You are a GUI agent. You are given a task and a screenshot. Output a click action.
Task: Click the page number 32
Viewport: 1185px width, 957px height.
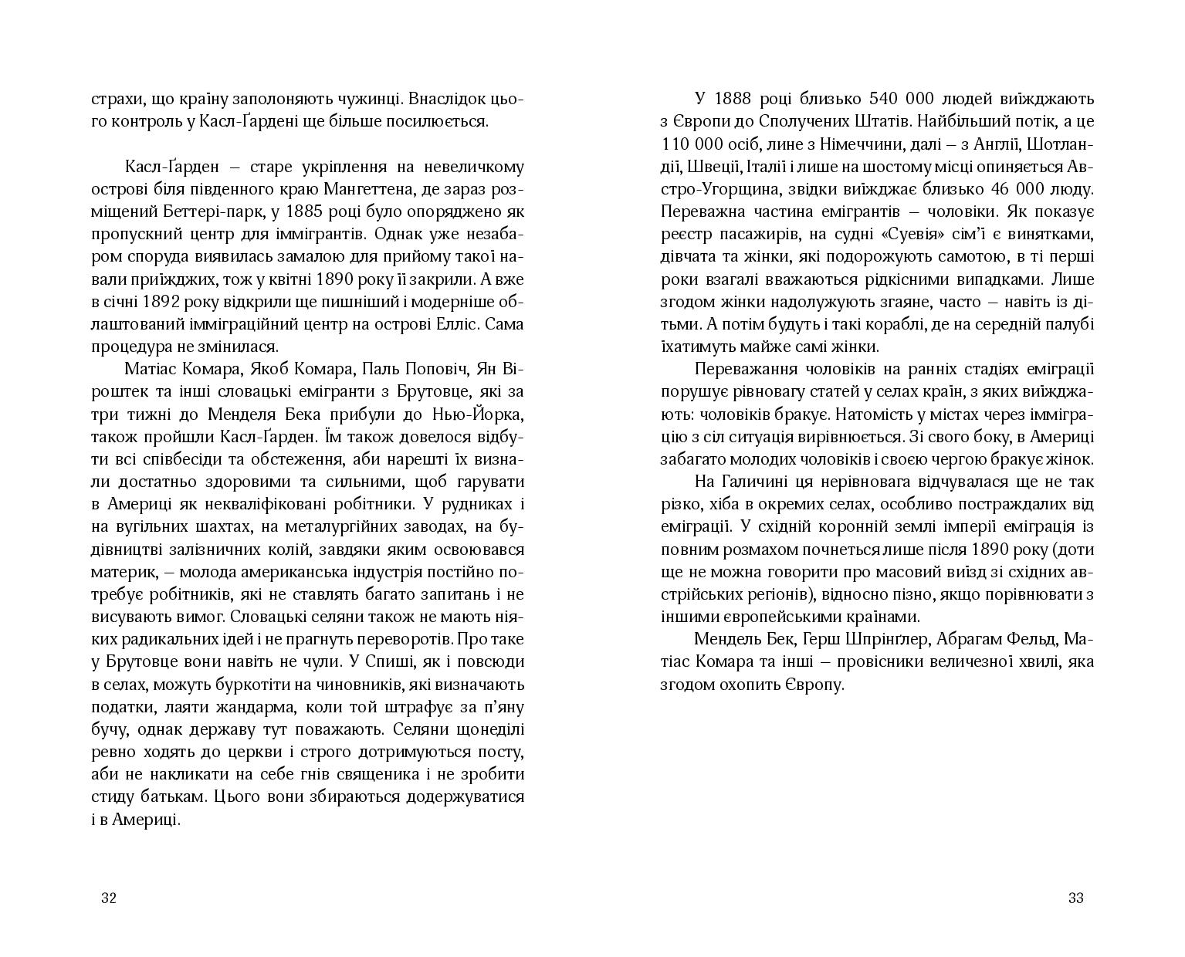coord(109,898)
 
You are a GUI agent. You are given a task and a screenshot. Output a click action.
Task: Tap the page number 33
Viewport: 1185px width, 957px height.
coord(1076,898)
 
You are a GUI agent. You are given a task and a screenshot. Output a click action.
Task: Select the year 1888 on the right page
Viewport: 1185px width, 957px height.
coord(740,99)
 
